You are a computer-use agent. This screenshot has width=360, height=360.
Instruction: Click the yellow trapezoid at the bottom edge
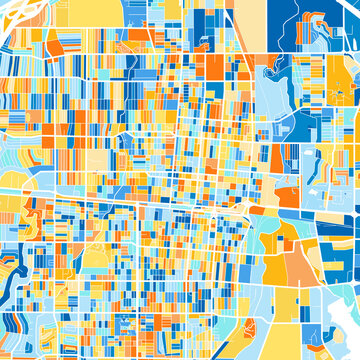pos(300,340)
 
